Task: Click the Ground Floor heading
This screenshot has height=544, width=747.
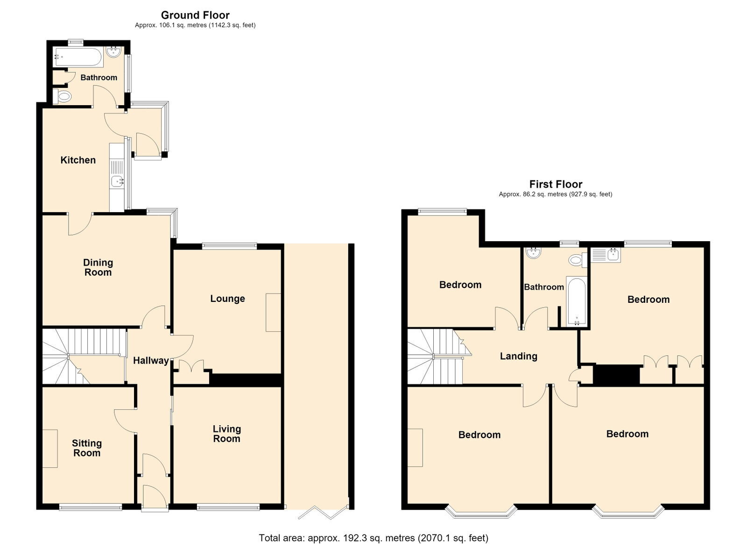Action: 195,15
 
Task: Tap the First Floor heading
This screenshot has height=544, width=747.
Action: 556,184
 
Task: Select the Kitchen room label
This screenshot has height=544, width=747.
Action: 78,160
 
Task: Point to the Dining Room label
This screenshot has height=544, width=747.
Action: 98,267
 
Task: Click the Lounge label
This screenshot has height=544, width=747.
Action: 227,299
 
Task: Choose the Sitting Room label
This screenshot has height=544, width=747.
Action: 87,448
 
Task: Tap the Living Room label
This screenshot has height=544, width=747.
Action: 227,434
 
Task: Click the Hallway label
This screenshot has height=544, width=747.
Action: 151,360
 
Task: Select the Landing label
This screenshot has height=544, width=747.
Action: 519,356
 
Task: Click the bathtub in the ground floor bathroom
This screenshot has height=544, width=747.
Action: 79,57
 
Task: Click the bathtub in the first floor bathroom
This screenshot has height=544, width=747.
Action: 576,301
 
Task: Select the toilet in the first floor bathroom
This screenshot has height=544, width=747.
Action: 578,260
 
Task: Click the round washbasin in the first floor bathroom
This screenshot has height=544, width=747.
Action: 534,253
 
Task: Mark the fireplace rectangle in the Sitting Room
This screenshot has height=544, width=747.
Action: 50,448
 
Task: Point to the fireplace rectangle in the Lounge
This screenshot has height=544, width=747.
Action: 274,312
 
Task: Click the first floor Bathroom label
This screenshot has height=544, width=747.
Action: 544,287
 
